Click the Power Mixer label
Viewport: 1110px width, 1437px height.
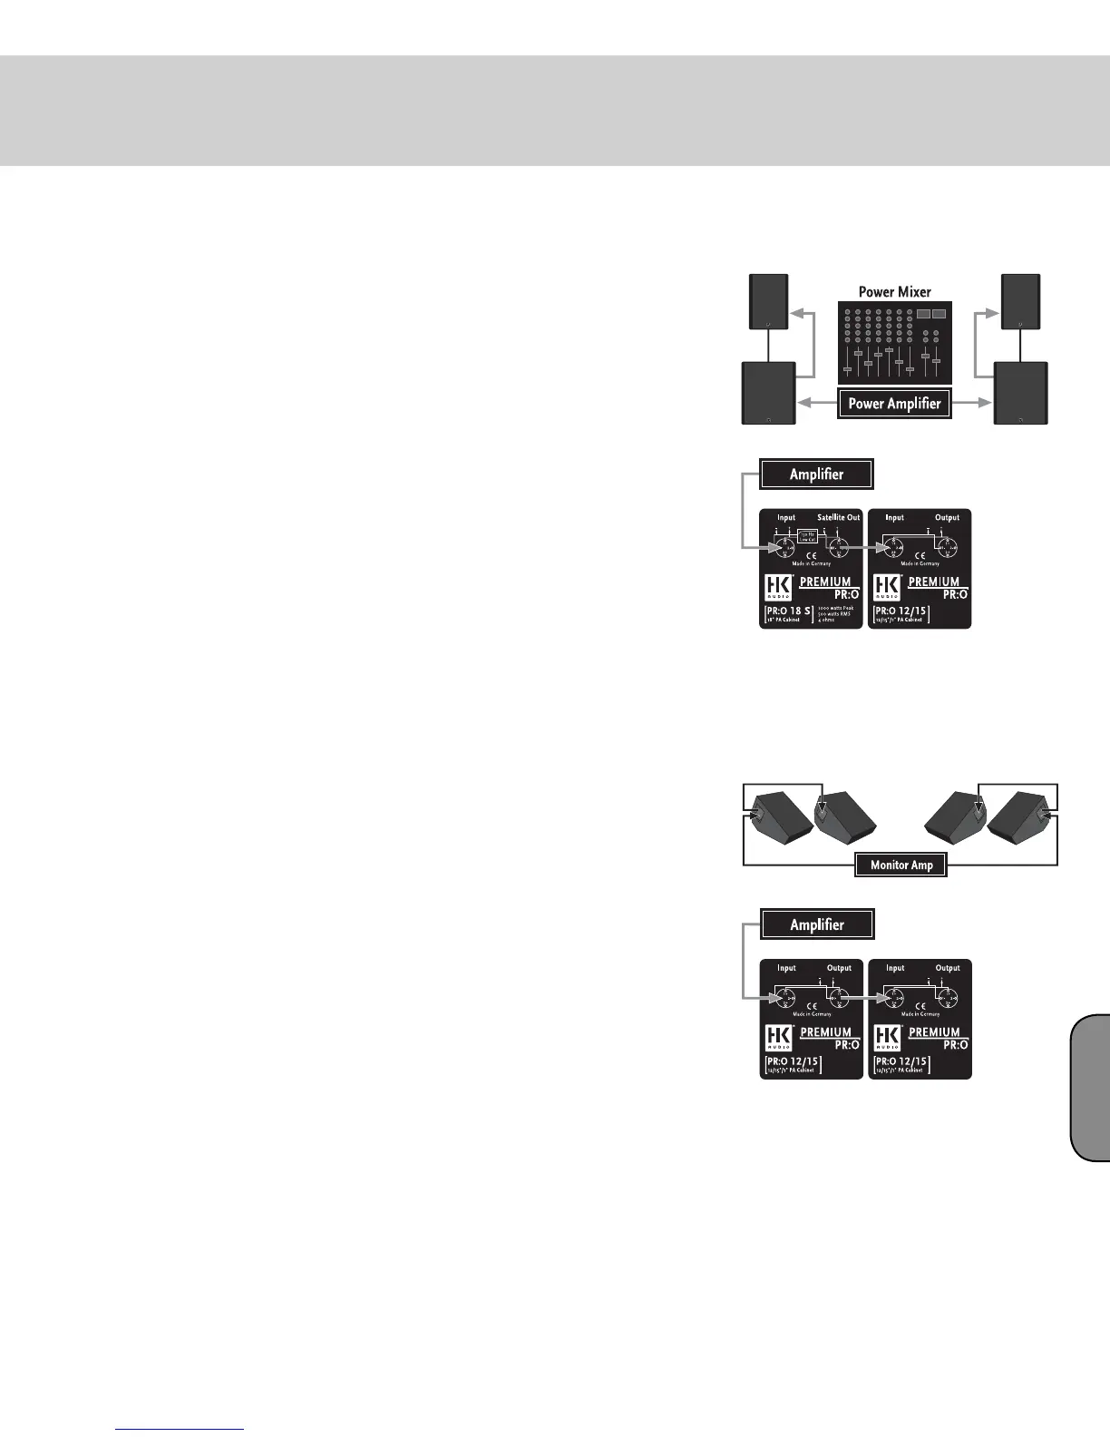point(895,292)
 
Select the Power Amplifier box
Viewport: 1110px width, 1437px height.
point(894,404)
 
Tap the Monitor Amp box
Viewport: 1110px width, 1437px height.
point(901,865)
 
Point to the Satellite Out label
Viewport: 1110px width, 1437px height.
point(838,517)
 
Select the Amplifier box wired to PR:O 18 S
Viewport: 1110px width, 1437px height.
point(816,474)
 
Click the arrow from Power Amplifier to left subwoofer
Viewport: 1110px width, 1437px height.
point(816,404)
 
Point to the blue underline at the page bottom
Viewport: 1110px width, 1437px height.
point(180,1430)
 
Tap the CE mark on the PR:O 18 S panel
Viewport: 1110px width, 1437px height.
point(811,554)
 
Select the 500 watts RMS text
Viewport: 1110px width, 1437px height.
point(834,614)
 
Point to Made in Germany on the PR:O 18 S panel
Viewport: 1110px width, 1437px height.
point(811,563)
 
